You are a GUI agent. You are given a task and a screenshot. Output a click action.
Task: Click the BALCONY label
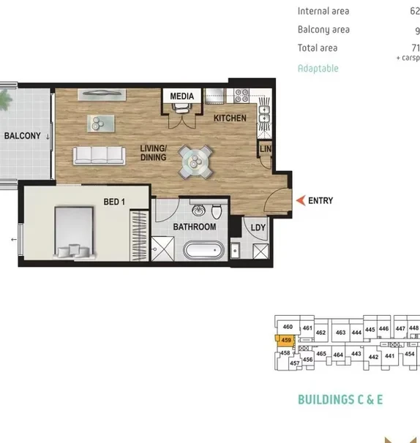coord(22,136)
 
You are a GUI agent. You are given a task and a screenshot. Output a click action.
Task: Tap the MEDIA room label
coord(181,96)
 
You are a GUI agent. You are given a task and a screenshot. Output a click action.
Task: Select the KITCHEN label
coord(230,118)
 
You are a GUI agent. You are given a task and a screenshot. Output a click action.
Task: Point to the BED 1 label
coord(115,202)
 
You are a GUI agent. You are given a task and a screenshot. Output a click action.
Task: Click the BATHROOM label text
coord(194,227)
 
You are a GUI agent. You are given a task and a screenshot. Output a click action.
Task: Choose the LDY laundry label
coord(258,228)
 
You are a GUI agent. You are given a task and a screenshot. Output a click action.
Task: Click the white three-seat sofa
coord(98,155)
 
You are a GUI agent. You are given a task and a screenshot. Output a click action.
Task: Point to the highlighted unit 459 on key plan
coord(286,340)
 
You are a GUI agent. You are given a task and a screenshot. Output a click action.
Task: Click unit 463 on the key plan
coord(340,333)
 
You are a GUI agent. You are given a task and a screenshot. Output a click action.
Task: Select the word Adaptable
coord(318,68)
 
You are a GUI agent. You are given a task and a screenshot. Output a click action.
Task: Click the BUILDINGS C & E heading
coord(340,400)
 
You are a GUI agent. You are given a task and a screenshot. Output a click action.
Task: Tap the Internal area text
coord(323,11)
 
